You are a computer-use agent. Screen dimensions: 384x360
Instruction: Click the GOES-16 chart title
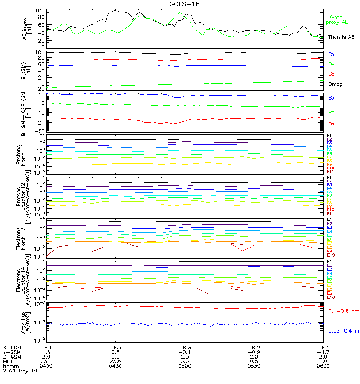(185, 4)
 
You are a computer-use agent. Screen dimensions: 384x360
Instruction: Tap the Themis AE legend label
(341, 37)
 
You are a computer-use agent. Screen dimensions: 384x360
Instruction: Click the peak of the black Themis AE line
(116, 10)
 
